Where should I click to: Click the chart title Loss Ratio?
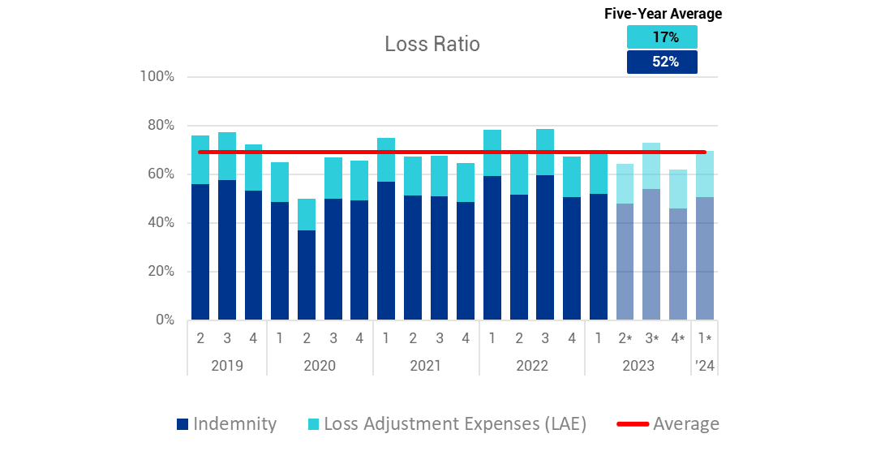point(432,44)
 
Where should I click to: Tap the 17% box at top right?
point(662,37)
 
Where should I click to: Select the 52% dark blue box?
point(662,62)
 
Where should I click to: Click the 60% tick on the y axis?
point(159,174)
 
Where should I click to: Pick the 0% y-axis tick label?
point(164,320)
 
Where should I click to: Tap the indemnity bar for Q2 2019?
point(200,252)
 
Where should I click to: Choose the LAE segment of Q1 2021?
point(386,160)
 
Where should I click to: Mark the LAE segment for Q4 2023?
point(677,189)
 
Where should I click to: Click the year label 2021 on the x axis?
point(425,365)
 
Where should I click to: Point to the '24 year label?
point(705,365)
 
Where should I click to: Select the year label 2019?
point(227,365)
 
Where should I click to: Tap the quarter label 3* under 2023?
point(652,338)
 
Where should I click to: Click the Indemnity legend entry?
point(226,423)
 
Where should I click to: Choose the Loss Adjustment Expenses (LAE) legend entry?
point(446,423)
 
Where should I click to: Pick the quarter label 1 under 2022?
point(492,338)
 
